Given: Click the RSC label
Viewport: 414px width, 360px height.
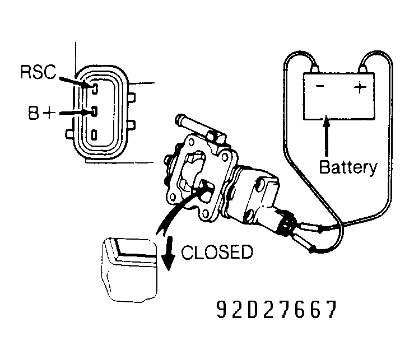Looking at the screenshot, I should (36, 72).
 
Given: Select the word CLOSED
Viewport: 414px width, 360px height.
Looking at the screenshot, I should (217, 253).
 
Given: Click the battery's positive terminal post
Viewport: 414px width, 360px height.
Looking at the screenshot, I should (365, 69).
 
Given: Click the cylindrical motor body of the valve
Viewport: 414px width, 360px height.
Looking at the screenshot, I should (255, 190).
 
